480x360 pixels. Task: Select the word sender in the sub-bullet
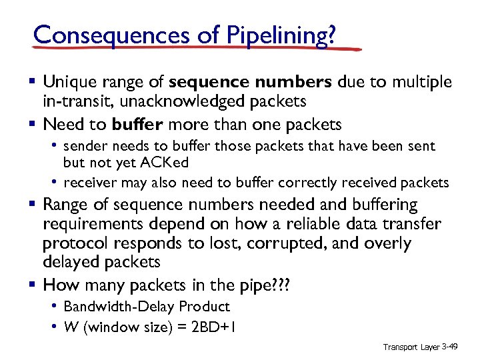coord(86,146)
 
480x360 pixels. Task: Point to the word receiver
coord(91,182)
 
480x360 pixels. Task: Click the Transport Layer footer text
coord(411,347)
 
